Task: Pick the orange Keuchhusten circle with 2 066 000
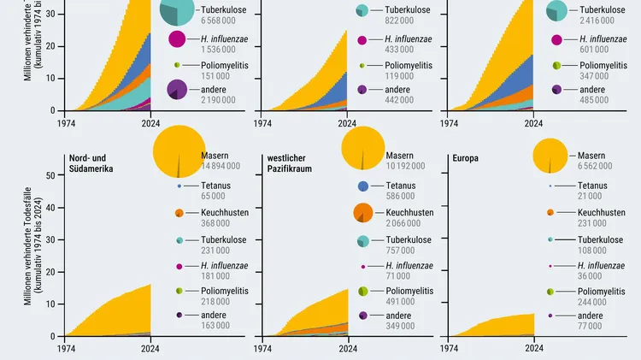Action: click(x=362, y=213)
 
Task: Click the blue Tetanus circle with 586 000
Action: click(x=362, y=186)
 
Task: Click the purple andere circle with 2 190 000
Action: click(x=178, y=89)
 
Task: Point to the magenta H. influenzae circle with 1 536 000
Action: click(x=178, y=38)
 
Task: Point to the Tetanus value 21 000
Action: click(x=571, y=195)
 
